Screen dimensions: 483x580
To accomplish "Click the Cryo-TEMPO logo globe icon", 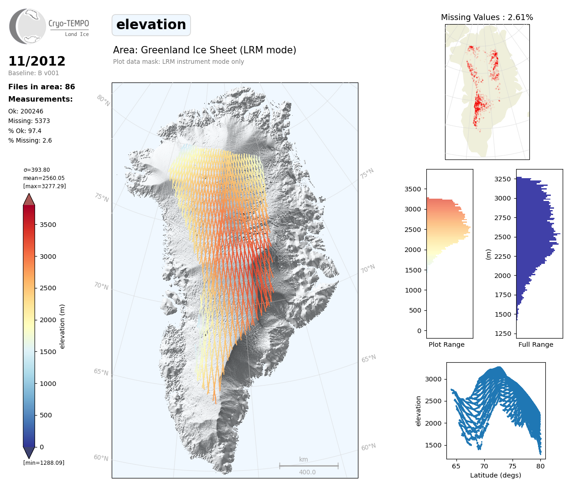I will tap(28, 26).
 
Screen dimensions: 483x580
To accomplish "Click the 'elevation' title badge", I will tap(151, 25).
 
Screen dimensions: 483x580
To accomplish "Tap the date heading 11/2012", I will tap(37, 61).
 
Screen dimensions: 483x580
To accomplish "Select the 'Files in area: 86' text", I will tap(41, 87).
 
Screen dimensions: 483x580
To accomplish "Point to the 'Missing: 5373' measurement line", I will tap(29, 121).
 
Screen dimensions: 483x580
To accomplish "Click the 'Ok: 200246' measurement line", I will tap(26, 111).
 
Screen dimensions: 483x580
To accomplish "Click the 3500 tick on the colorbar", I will tap(48, 225).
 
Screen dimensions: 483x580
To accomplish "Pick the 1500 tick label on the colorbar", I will tap(48, 352).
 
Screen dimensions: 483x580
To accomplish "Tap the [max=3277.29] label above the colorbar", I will tap(45, 186).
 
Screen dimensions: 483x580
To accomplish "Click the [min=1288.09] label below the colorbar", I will tap(44, 463).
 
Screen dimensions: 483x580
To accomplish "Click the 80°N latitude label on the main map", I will tap(103, 100).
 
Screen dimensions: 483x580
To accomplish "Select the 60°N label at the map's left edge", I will tap(101, 457).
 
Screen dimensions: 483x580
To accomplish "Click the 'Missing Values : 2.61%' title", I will tap(487, 17).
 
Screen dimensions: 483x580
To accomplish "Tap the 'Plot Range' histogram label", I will tap(446, 344).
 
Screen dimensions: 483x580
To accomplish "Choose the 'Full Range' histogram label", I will tap(536, 344).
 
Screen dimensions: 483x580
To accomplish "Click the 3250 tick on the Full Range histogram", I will tap(503, 179).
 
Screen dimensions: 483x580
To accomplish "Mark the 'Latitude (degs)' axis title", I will tap(496, 475).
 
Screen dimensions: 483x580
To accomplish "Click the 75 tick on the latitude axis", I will tap(513, 466).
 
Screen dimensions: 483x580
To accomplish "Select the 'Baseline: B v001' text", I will tap(34, 73).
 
